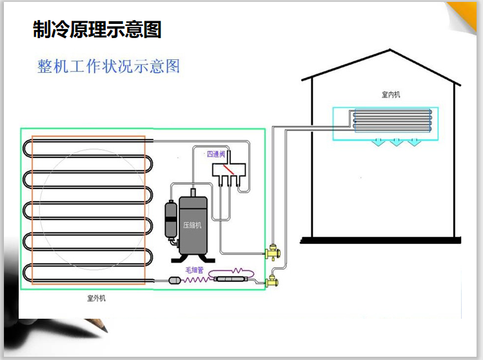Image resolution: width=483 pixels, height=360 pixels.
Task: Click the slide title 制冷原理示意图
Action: (x=97, y=29)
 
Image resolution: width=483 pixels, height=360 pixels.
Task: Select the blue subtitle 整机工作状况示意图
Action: (x=108, y=66)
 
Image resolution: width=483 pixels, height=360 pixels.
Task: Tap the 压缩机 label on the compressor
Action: (x=192, y=225)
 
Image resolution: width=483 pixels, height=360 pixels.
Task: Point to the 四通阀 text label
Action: (x=215, y=154)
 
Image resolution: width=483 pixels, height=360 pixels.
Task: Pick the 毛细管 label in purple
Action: (x=195, y=270)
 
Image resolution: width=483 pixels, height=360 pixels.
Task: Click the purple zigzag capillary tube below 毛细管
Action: (x=196, y=279)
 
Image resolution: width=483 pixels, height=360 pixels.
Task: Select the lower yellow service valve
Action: (x=271, y=281)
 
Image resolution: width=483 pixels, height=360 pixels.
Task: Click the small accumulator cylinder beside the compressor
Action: (x=171, y=219)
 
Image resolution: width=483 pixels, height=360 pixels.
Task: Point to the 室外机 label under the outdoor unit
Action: (x=96, y=299)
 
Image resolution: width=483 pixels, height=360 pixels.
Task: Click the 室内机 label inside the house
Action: (x=391, y=95)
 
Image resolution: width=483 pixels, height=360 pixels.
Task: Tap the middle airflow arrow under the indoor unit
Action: (x=394, y=143)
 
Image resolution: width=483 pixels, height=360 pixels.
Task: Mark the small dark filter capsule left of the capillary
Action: (x=174, y=280)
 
